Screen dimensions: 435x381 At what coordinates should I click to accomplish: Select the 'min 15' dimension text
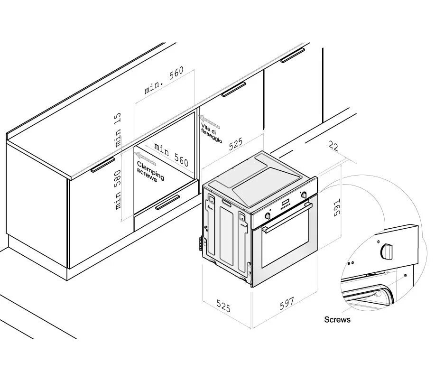pos(118,129)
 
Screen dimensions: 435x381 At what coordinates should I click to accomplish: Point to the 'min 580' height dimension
pos(118,190)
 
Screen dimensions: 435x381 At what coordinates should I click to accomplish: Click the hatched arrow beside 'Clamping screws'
pos(147,157)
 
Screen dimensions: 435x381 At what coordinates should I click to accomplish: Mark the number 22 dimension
pos(333,147)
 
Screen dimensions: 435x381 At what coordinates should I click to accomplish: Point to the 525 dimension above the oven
pos(236,144)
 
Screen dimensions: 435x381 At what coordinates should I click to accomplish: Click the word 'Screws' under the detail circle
pos(337,320)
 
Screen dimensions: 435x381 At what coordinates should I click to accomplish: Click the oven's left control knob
pos(269,215)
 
